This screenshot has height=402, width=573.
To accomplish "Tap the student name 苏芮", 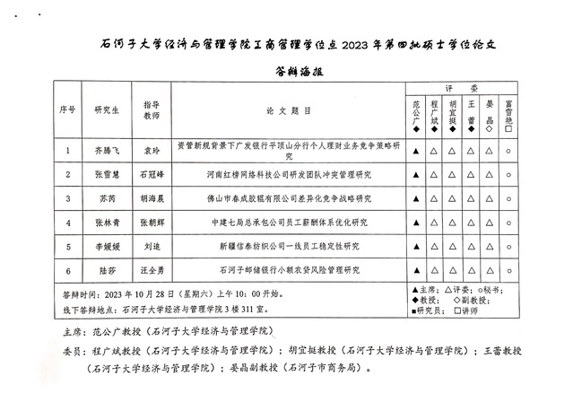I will click(107, 197).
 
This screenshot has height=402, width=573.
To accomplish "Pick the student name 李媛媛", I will click(107, 244).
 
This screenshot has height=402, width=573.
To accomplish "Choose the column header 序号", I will click(67, 111).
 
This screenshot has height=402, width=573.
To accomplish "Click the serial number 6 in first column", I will click(67, 267).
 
